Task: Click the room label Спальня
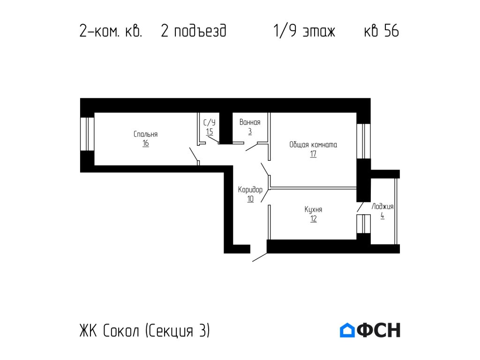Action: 145,135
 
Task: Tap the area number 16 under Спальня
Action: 146,143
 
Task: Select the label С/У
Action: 209,123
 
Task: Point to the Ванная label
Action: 249,122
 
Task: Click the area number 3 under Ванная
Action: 250,132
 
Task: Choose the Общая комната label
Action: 313,145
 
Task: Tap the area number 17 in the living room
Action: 313,154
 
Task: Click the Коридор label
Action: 250,190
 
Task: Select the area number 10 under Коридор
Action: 250,199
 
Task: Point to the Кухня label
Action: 313,210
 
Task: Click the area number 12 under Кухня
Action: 313,219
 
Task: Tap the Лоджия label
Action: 382,207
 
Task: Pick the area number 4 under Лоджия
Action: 382,216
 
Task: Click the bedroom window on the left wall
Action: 87,134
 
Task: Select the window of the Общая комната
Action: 363,141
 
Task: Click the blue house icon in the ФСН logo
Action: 347,330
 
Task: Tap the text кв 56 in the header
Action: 381,31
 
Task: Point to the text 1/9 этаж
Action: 304,31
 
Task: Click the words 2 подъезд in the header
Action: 194,31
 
